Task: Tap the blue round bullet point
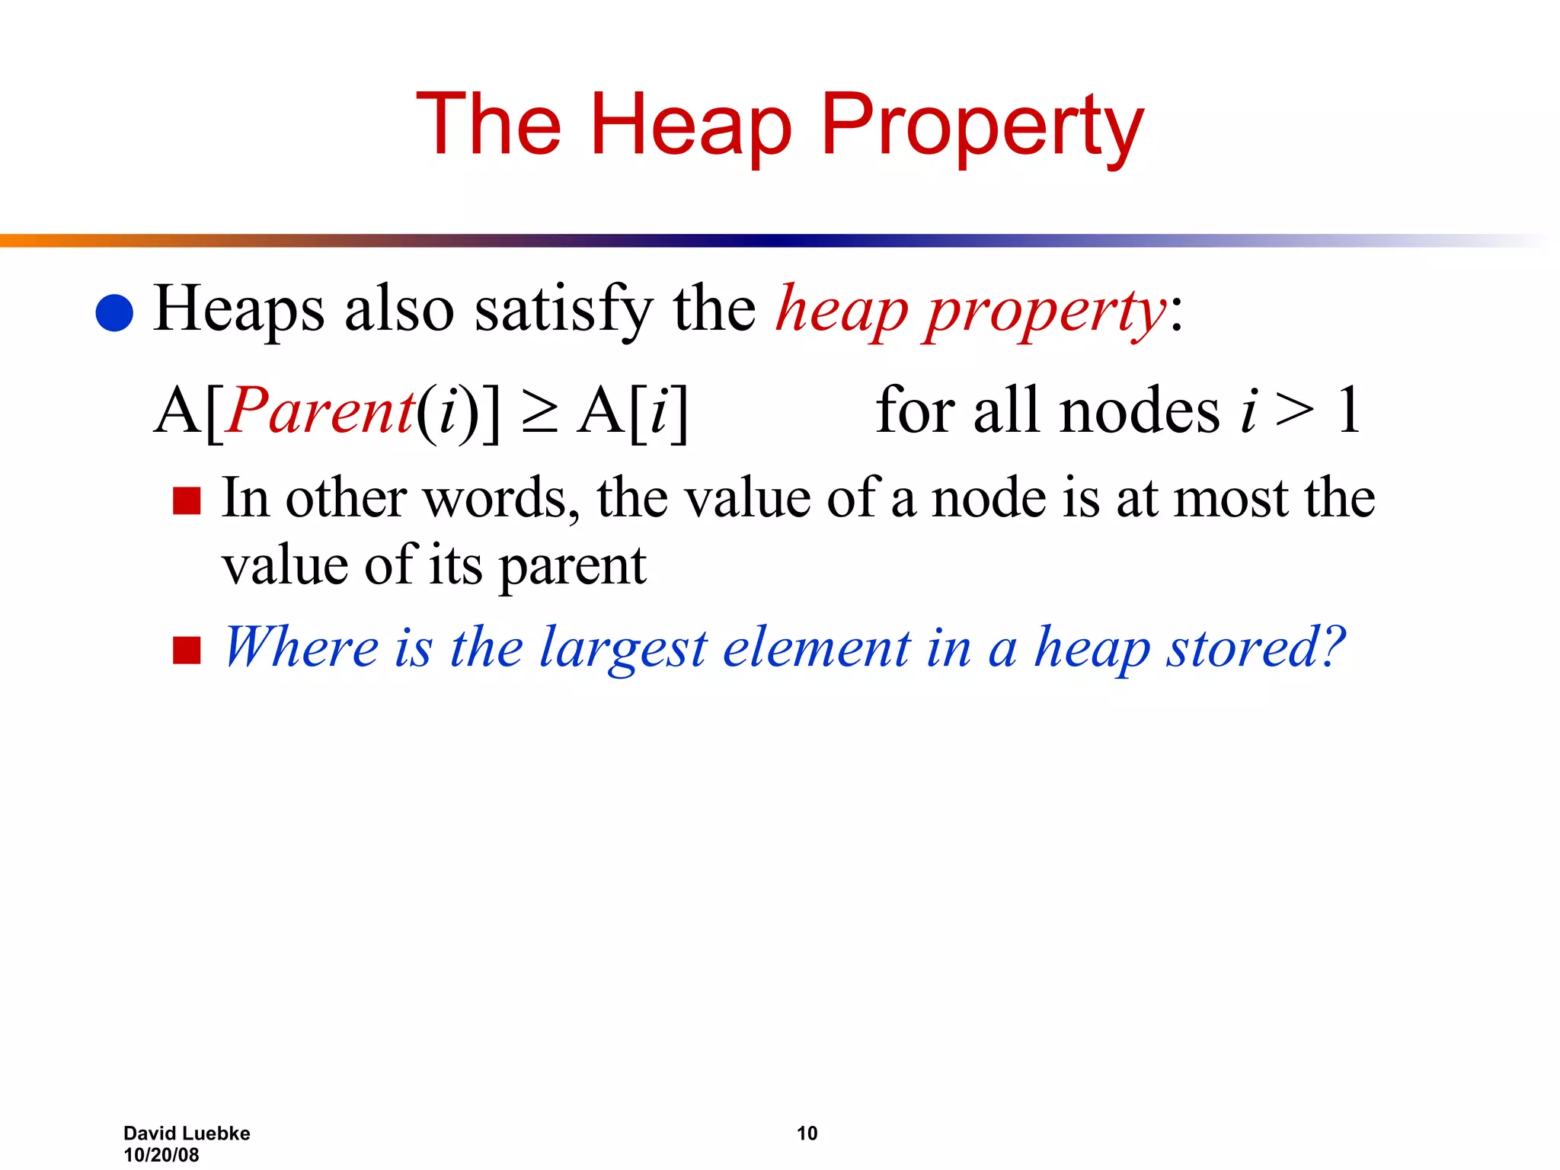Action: pyautogui.click(x=115, y=313)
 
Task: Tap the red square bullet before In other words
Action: pyautogui.click(x=187, y=501)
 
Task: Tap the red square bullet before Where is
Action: pyautogui.click(x=187, y=651)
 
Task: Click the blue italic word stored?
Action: pyautogui.click(x=1256, y=647)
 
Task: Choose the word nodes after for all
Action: pyautogui.click(x=1140, y=411)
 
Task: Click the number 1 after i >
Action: pyautogui.click(x=1349, y=411)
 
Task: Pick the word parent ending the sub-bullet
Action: pyautogui.click(x=573, y=567)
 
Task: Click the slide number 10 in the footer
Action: pyautogui.click(x=807, y=1133)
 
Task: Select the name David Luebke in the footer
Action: pyautogui.click(x=187, y=1133)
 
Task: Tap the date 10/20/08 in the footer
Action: pyautogui.click(x=161, y=1155)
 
